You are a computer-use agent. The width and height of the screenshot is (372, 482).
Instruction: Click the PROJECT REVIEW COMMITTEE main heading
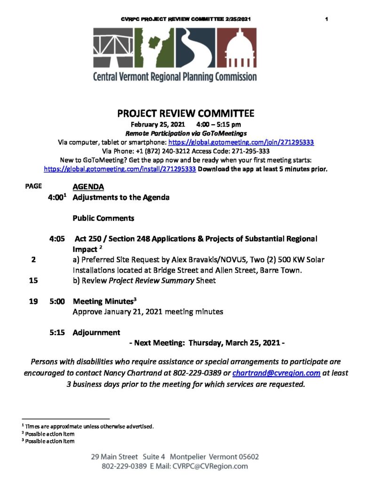[x=186, y=113]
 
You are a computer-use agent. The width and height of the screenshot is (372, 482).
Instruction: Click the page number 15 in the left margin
[x=33, y=281]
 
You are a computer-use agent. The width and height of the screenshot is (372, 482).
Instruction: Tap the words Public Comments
[x=103, y=218]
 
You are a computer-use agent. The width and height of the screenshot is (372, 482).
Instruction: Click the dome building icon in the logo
[x=240, y=48]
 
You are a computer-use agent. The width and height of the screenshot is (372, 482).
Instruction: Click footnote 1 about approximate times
[x=89, y=426]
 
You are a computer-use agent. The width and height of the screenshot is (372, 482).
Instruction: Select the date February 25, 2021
[x=158, y=125]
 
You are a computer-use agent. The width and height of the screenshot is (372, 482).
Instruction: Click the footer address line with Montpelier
[x=175, y=457]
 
